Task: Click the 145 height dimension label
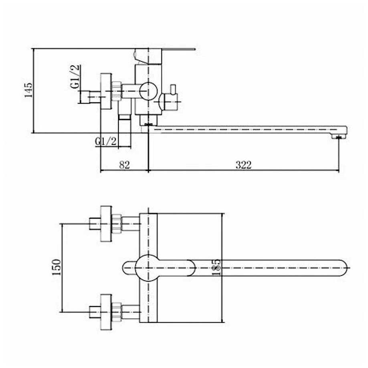pyautogui.click(x=28, y=90)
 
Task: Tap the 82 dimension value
pyautogui.click(x=124, y=165)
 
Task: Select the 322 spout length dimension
pyautogui.click(x=244, y=165)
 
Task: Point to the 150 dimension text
pyautogui.click(x=57, y=267)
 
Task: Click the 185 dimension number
pyautogui.click(x=216, y=267)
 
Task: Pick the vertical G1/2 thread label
pyautogui.click(x=75, y=76)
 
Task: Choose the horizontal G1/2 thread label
pyautogui.click(x=105, y=141)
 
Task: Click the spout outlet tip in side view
pyautogui.click(x=338, y=136)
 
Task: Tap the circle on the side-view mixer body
pyautogui.click(x=148, y=91)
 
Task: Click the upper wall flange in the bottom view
pyautogui.click(x=106, y=224)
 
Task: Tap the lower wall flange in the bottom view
pyautogui.click(x=106, y=312)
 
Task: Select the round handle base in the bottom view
pyautogui.click(x=148, y=268)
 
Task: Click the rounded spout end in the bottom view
pyautogui.click(x=343, y=268)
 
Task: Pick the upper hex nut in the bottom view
pyautogui.click(x=116, y=224)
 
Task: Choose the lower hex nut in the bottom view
pyautogui.click(x=116, y=312)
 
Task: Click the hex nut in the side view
pyautogui.click(x=116, y=91)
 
